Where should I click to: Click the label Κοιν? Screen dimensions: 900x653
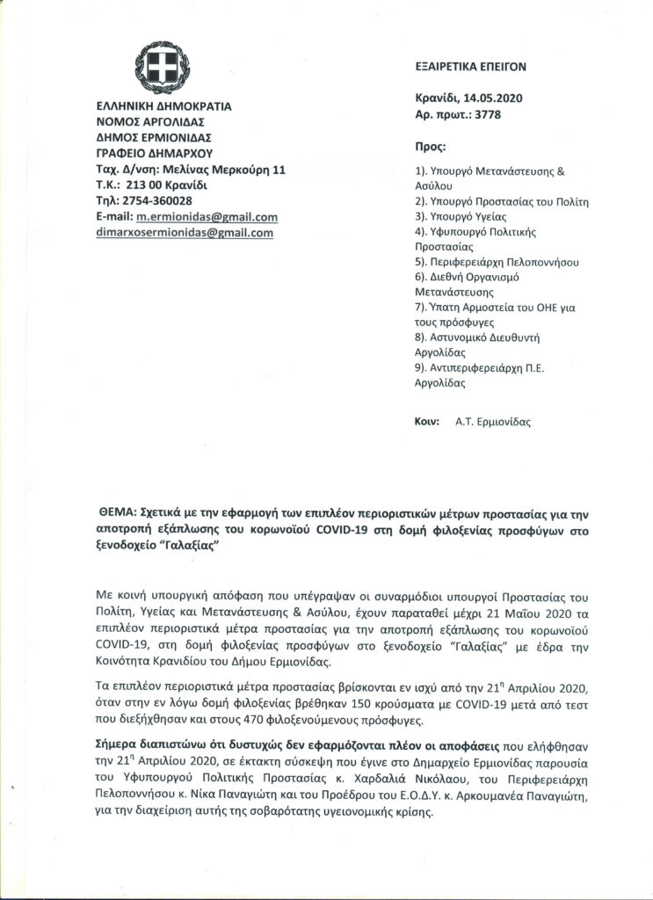[x=427, y=421]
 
